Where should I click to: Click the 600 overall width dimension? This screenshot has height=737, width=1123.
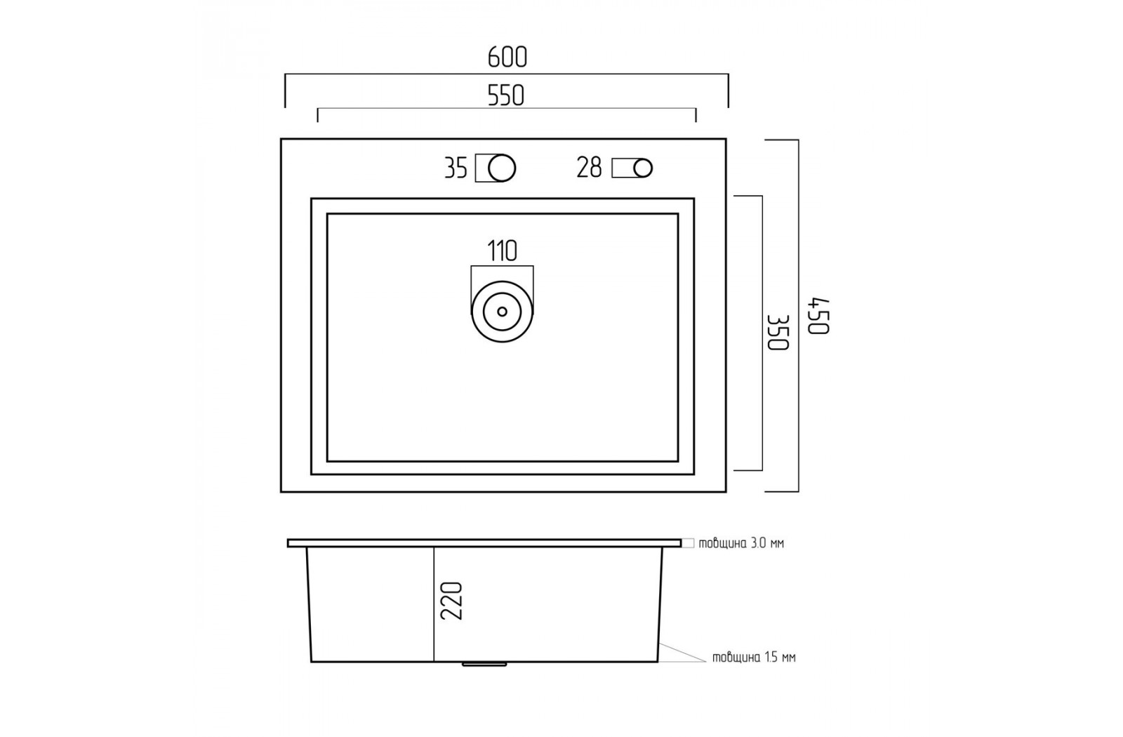point(507,58)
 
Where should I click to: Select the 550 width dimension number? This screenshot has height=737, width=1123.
point(506,96)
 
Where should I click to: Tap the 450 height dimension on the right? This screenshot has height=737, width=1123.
point(820,316)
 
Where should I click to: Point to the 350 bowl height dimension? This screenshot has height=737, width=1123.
point(778,333)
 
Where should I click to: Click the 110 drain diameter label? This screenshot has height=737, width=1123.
point(502,251)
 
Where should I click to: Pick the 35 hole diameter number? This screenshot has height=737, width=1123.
point(456,168)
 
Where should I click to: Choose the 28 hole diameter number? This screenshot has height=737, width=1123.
point(589,168)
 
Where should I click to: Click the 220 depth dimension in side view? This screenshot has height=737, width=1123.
point(451,601)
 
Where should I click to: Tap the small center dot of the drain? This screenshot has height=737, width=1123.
point(502,312)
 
